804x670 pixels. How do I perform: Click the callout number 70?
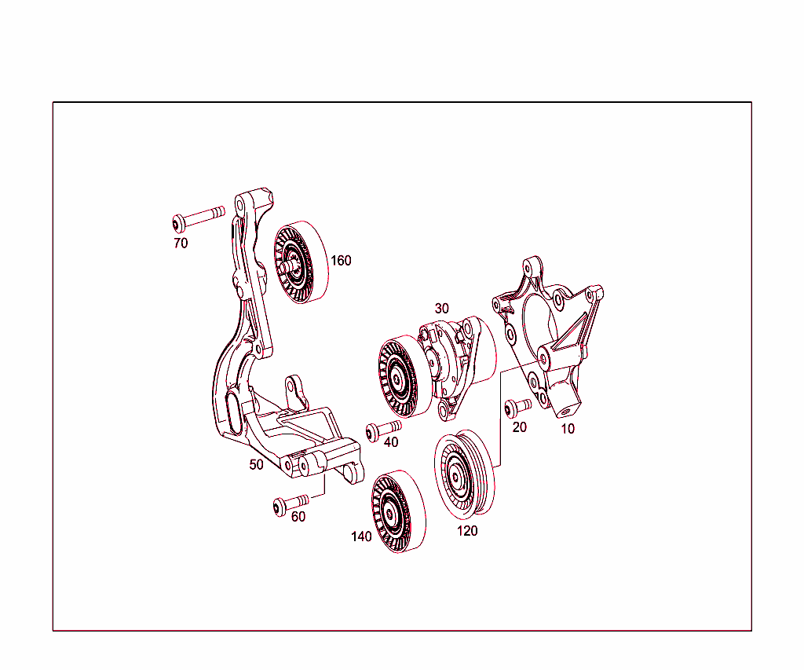point(181,243)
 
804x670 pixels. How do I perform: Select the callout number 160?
point(341,261)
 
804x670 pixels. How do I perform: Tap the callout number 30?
point(441,309)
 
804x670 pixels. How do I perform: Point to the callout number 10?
point(567,429)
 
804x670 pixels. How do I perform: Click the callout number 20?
point(519,427)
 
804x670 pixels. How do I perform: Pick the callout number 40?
point(390,442)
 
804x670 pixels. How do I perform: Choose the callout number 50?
point(257,464)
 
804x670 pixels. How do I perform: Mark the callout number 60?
point(298,517)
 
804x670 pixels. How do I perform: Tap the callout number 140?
point(361,536)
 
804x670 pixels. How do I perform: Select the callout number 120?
point(467,531)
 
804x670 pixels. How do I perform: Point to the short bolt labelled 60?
point(291,503)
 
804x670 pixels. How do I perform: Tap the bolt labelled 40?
point(383,429)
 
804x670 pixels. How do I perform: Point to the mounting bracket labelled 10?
point(550,330)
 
